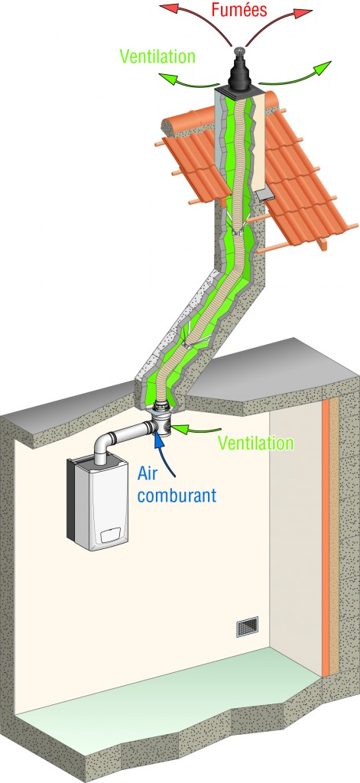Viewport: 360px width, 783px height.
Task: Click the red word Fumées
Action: coord(239,9)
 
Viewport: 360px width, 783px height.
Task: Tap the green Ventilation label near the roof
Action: coord(157,56)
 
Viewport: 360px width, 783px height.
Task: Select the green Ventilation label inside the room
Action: coord(256,443)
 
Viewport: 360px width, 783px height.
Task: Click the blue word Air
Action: coord(148,473)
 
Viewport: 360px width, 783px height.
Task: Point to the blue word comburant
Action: coord(177,495)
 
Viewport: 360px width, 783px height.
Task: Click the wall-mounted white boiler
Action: coord(98,502)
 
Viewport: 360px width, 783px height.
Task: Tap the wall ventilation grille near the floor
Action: coord(247,627)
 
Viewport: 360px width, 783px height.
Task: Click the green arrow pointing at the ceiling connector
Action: coord(196,428)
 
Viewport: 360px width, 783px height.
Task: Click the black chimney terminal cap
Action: coord(240,74)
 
